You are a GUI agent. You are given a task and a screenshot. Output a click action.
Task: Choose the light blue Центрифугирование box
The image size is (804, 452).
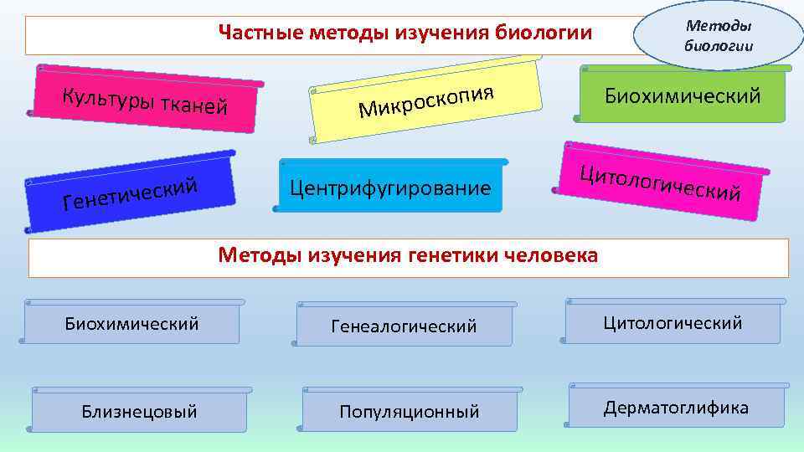390,187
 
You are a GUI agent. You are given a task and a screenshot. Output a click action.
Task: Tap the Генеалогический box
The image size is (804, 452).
404,326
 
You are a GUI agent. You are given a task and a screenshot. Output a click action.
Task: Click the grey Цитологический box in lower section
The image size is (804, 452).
673,322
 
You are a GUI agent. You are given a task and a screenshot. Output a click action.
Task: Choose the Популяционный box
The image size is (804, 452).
409,411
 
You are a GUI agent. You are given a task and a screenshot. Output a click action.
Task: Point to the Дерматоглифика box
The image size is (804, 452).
676,408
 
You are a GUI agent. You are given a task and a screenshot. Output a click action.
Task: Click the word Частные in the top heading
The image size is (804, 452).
260,33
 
